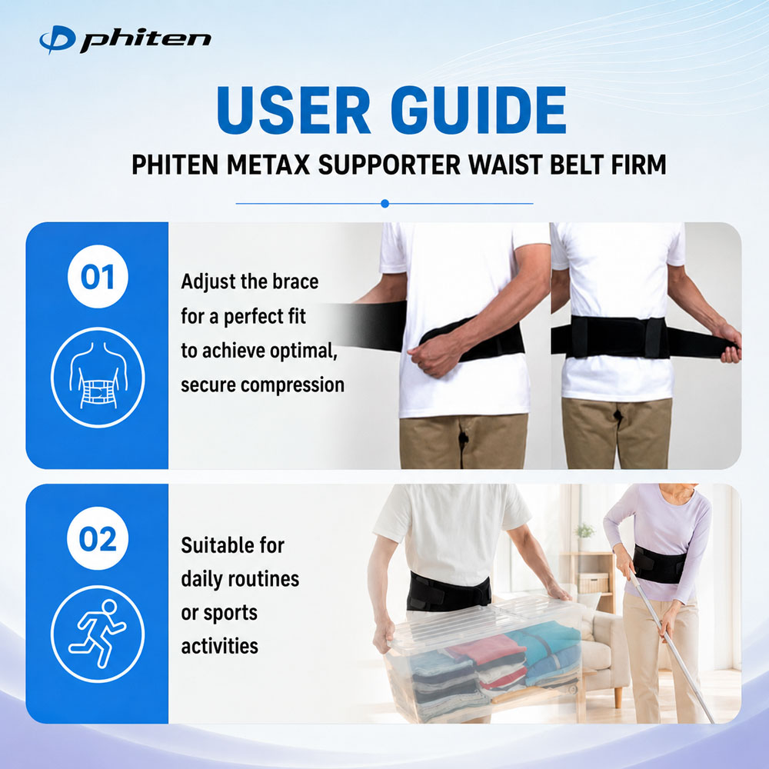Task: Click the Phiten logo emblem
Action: tap(58, 39)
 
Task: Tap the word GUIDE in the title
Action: tap(478, 110)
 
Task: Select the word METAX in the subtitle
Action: tap(268, 165)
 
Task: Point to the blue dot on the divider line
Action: tap(385, 204)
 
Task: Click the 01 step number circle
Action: tap(98, 277)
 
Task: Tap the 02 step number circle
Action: tap(98, 538)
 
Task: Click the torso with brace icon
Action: tap(98, 377)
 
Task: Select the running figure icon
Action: tap(98, 633)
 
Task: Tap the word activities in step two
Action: tap(220, 647)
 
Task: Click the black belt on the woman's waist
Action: tap(659, 564)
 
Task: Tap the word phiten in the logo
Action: tap(145, 41)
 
